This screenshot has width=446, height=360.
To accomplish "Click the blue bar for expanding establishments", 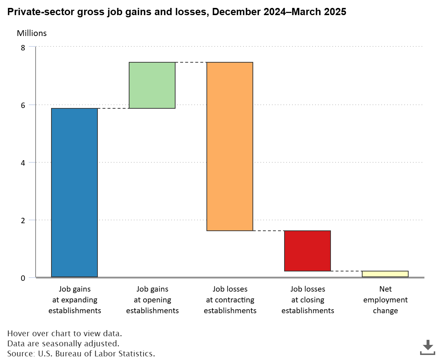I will tap(74, 193).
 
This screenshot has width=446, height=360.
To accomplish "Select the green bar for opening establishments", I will tap(152, 85).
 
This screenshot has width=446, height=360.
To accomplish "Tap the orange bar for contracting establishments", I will tap(230, 147).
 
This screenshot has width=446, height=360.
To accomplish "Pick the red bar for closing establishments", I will tap(308, 251).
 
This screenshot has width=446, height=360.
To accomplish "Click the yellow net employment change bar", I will tap(385, 274).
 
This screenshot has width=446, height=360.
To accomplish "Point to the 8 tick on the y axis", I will tap(23, 48).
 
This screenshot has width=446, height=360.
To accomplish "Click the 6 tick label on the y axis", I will tap(23, 105).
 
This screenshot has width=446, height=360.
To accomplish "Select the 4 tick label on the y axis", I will tap(23, 163).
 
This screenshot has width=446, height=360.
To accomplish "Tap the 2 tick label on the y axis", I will tap(23, 220).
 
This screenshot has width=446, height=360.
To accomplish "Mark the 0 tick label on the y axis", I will tap(23, 278).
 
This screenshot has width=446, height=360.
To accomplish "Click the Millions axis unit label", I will tap(32, 33).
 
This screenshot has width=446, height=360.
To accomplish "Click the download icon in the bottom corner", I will tap(428, 347).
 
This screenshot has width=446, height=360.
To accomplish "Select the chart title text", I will tap(177, 12).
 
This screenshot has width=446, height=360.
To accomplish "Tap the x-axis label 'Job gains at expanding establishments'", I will tap(75, 300).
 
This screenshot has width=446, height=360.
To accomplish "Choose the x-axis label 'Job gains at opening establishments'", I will tap(153, 300).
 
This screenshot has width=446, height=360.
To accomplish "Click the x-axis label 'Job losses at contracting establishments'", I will tap(230, 300).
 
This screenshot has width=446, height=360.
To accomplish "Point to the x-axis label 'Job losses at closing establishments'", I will tap(308, 300).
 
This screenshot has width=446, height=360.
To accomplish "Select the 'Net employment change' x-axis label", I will tap(386, 300).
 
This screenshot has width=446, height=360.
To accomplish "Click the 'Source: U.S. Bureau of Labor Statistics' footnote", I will tap(81, 354).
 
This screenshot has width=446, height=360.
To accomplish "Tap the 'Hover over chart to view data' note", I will tap(64, 333).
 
